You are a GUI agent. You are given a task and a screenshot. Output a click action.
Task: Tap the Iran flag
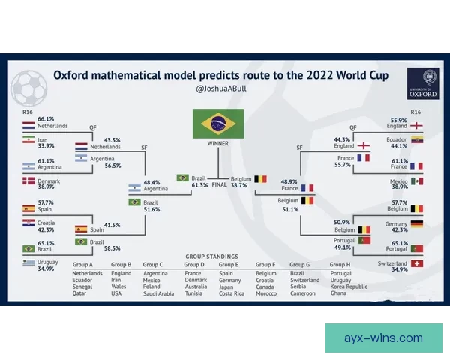coord(28,140)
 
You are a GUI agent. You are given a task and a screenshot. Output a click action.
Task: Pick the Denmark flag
coord(28,181)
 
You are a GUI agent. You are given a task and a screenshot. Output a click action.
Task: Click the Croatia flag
coord(28,223)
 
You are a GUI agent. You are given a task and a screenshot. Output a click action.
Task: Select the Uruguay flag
coord(28,262)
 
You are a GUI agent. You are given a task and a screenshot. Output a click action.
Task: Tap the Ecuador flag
coord(416,139)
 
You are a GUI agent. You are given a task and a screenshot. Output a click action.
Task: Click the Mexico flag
coord(416,181)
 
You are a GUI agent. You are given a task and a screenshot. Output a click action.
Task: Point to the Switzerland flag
coord(416,264)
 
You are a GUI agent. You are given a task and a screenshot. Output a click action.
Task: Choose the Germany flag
coord(416,223)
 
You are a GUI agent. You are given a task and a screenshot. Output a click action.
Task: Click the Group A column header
coord(82,265)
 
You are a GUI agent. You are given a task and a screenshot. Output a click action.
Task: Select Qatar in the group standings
coord(80,293)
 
